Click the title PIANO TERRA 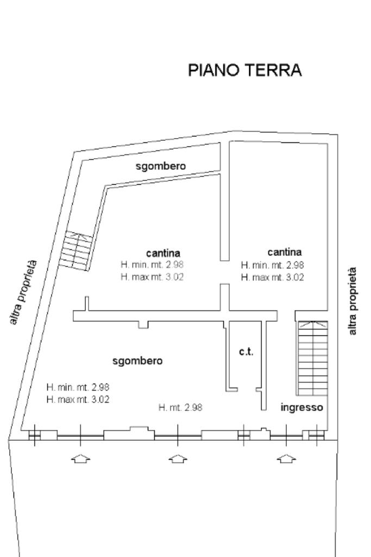(244, 71)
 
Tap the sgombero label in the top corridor (161, 166)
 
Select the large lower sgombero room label (137, 360)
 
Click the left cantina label (163, 253)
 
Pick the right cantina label (284, 252)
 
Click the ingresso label (302, 407)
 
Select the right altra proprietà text (354, 300)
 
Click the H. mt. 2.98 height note (180, 407)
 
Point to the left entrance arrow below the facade (80, 459)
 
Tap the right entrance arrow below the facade (286, 459)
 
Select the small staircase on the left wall (76, 250)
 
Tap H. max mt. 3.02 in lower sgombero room (79, 399)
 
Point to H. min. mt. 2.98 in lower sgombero (79, 387)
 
